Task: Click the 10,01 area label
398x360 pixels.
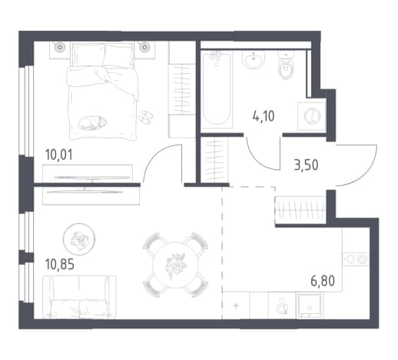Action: click(58, 155)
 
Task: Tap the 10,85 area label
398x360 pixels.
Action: click(59, 265)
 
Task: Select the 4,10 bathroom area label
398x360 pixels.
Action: click(264, 116)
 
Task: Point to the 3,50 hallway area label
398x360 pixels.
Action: click(306, 165)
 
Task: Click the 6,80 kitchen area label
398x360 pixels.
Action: click(323, 281)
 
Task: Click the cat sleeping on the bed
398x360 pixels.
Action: click(92, 123)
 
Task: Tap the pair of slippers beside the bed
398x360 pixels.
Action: click(146, 118)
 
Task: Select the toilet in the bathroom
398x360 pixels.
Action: click(287, 65)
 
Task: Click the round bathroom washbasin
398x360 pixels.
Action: click(254, 60)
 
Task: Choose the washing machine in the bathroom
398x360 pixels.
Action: click(312, 116)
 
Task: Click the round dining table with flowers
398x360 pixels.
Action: click(175, 265)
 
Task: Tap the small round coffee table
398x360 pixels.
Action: click(79, 239)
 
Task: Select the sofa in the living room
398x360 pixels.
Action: click(79, 297)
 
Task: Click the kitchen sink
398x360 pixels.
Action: click(309, 305)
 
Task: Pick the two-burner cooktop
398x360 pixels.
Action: click(356, 259)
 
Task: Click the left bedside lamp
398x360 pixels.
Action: click(60, 47)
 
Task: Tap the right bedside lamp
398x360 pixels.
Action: click(144, 47)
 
